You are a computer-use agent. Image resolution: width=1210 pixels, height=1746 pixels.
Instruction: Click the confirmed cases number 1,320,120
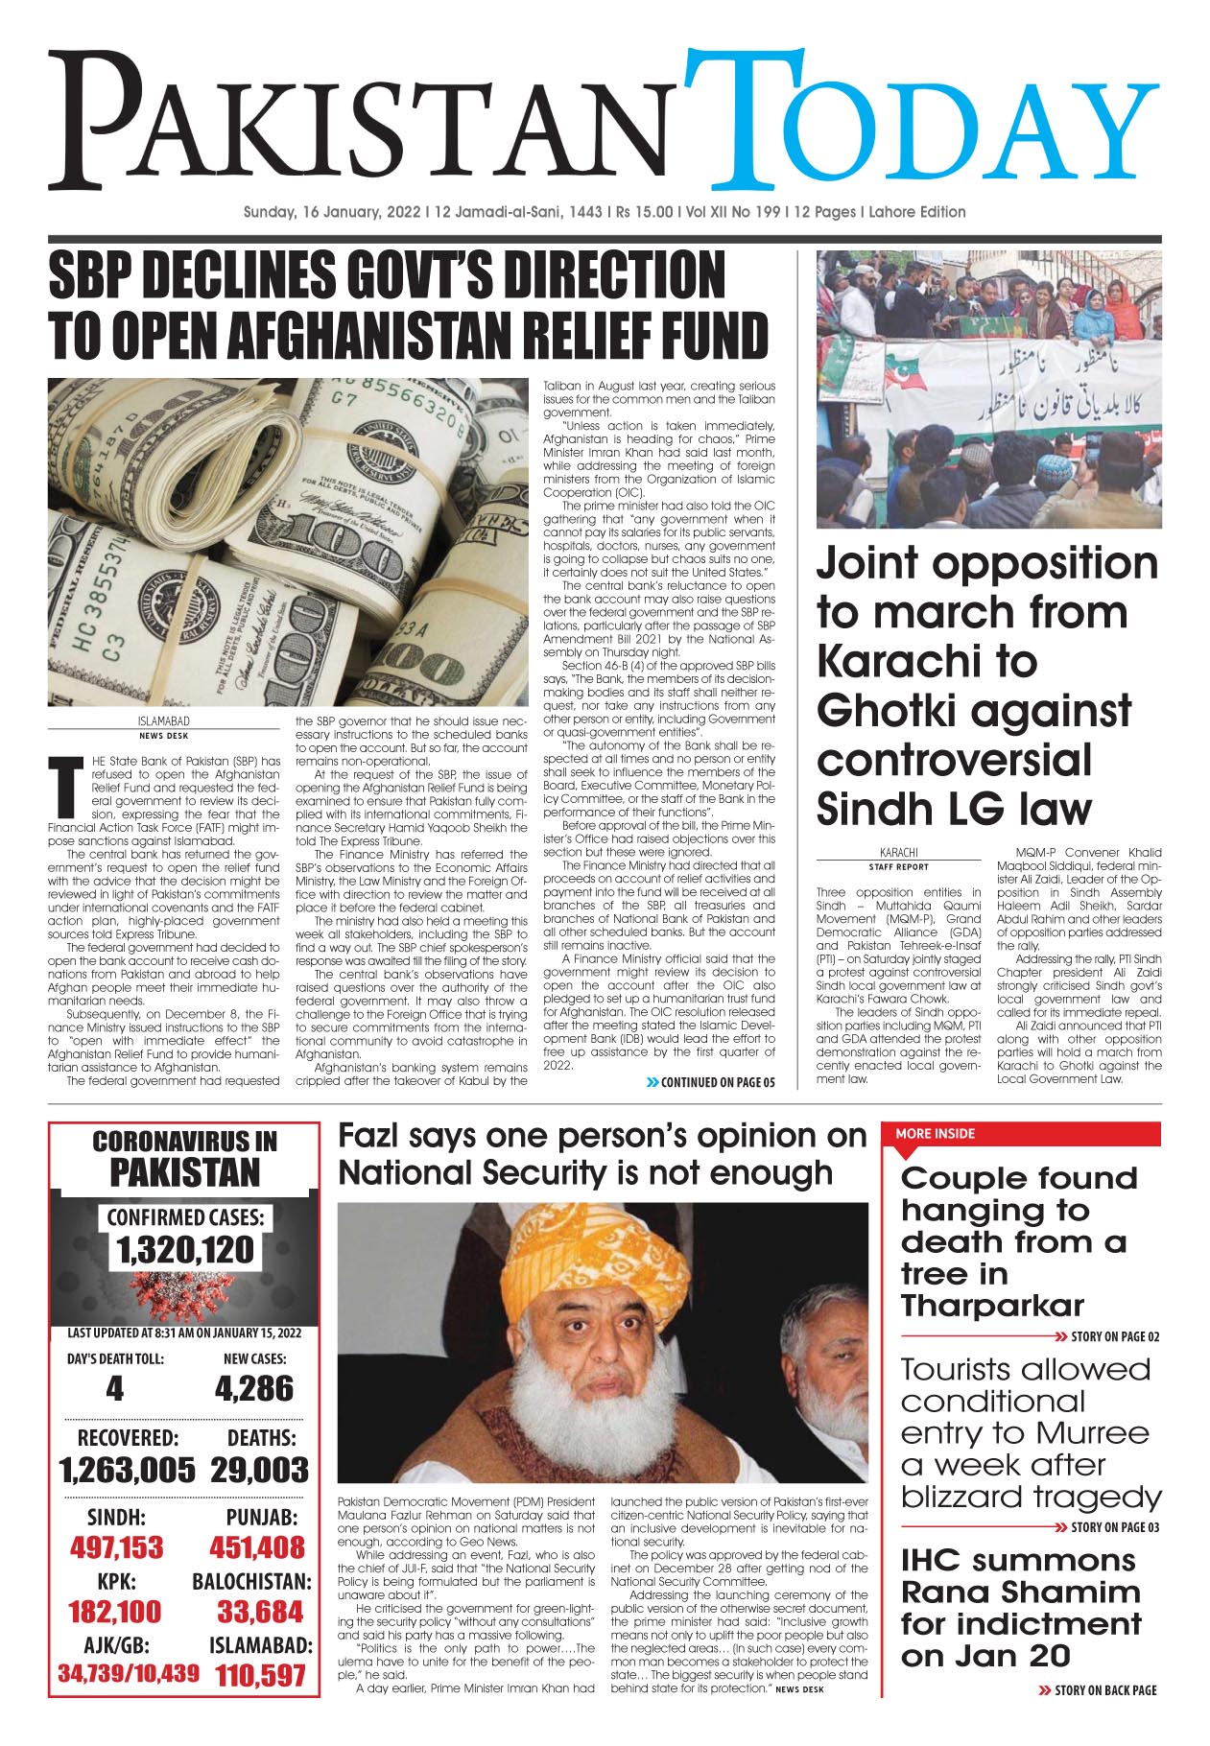click(x=185, y=1250)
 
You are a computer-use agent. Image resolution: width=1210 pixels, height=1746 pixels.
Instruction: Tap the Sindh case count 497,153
click(x=116, y=1547)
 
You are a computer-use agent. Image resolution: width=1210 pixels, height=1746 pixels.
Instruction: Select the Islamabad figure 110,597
click(x=260, y=1676)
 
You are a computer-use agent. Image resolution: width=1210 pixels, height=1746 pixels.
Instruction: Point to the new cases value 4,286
click(x=254, y=1388)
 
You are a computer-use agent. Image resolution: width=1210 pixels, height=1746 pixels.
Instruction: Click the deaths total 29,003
click(x=259, y=1470)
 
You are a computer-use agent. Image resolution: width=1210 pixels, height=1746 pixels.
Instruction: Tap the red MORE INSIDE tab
click(x=935, y=1134)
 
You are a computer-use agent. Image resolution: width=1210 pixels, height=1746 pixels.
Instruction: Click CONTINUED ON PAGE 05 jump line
click(x=711, y=1082)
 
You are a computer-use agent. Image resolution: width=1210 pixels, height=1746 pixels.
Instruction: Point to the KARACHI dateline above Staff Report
click(x=898, y=852)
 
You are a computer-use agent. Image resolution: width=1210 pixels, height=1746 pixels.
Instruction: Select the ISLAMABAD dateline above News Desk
click(x=163, y=721)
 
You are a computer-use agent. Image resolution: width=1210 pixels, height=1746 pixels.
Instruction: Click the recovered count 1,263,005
click(x=127, y=1470)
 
